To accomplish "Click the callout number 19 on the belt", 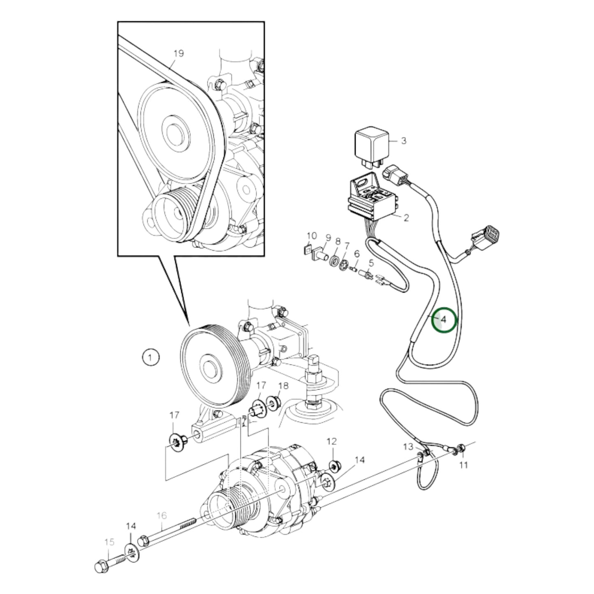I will [x=178, y=53].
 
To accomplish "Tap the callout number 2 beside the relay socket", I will [x=406, y=217].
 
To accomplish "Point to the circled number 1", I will [x=150, y=357].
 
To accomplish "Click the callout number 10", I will [x=312, y=236].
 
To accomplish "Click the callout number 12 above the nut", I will [x=331, y=441].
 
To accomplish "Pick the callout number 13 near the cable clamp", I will [x=408, y=446].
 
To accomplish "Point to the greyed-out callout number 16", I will [x=162, y=515].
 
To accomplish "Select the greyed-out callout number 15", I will [x=109, y=542].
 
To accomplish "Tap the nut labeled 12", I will [x=335, y=466].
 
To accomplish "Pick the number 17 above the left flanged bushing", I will [x=175, y=415].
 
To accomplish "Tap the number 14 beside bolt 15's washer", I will [x=131, y=526].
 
